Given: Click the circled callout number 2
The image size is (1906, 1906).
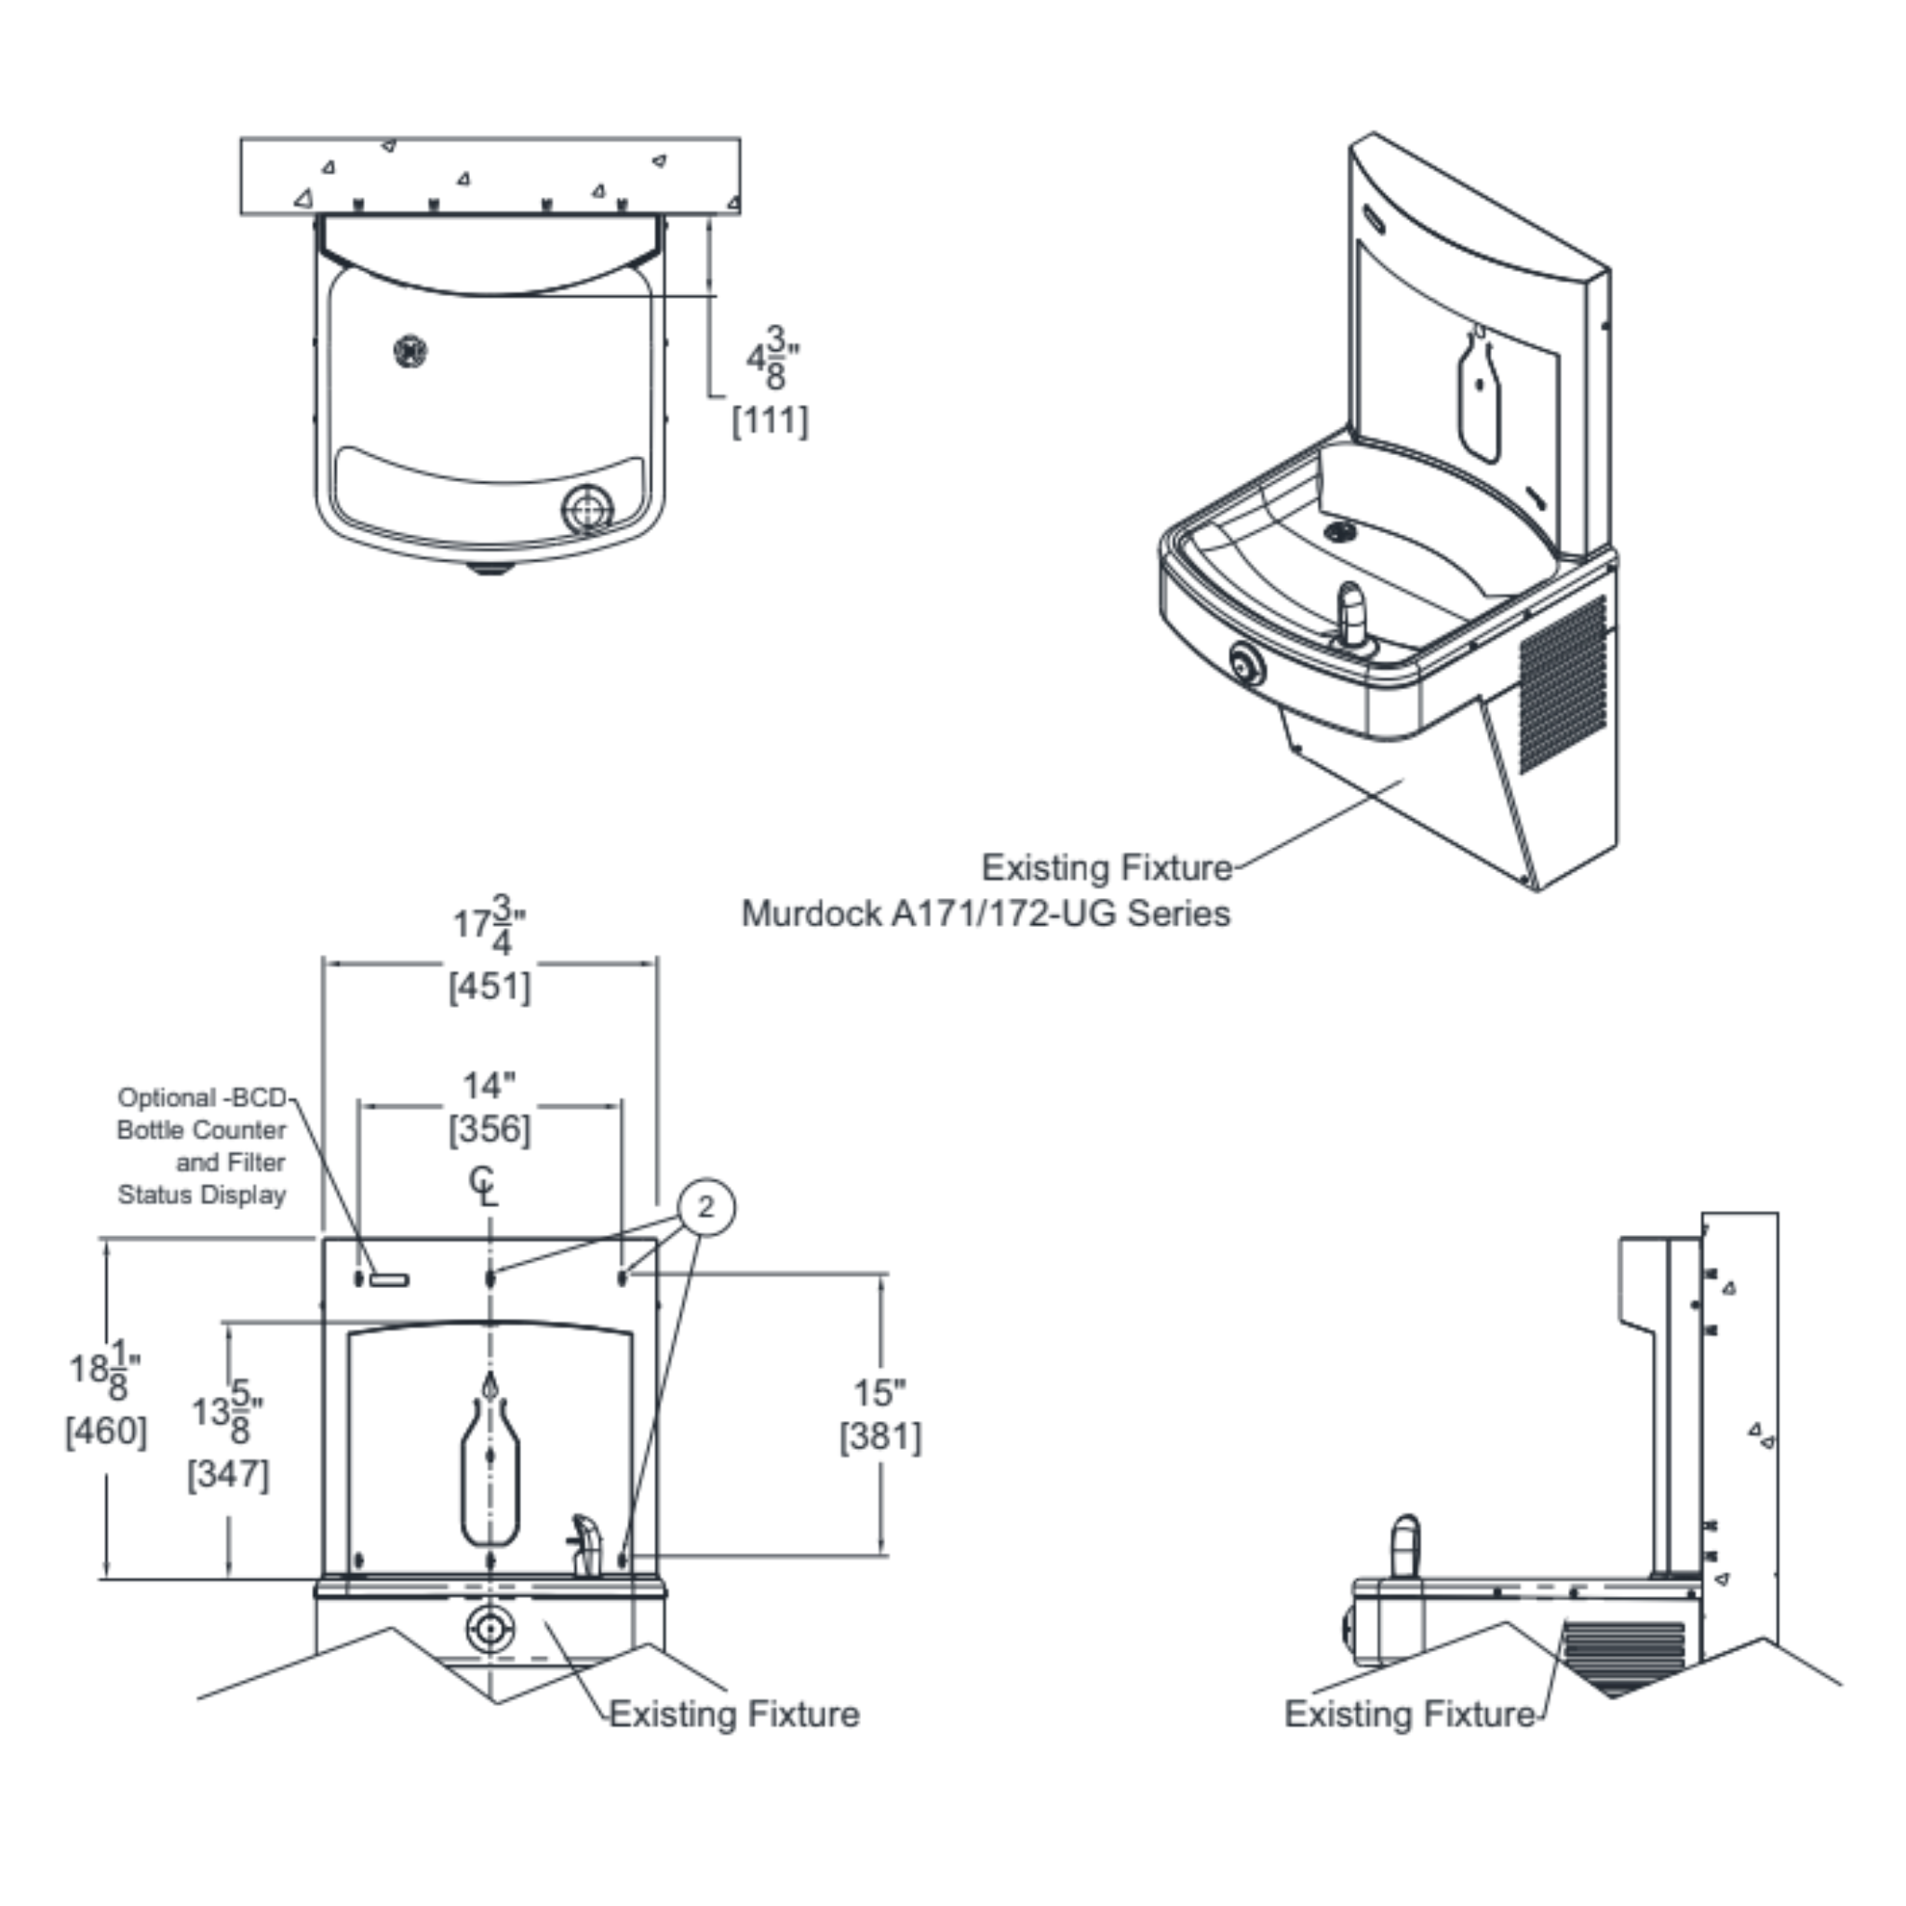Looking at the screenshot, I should [705, 1206].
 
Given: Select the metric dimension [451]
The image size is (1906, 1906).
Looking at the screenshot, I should [490, 986].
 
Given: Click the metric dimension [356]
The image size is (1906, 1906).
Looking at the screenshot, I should [490, 1129].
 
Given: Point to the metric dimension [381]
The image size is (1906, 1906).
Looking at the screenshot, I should [880, 1436].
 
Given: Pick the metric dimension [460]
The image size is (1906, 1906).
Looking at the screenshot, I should [105, 1430].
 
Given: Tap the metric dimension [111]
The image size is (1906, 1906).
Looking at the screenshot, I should [770, 421].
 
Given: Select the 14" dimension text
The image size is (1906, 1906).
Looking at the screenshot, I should [490, 1085].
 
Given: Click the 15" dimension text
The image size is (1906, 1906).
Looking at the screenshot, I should [879, 1393].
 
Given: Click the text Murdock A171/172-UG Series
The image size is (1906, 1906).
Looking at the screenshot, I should [986, 914].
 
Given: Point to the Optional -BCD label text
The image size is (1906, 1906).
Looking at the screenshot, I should [201, 1098].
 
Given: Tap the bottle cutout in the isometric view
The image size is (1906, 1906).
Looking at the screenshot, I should [1479, 395].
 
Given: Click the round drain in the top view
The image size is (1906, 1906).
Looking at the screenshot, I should [409, 350].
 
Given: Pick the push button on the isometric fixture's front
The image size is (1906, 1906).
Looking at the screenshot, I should [1246, 664].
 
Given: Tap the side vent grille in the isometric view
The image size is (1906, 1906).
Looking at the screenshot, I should [1562, 680].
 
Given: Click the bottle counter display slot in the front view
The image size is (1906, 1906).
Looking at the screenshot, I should [389, 1280].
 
